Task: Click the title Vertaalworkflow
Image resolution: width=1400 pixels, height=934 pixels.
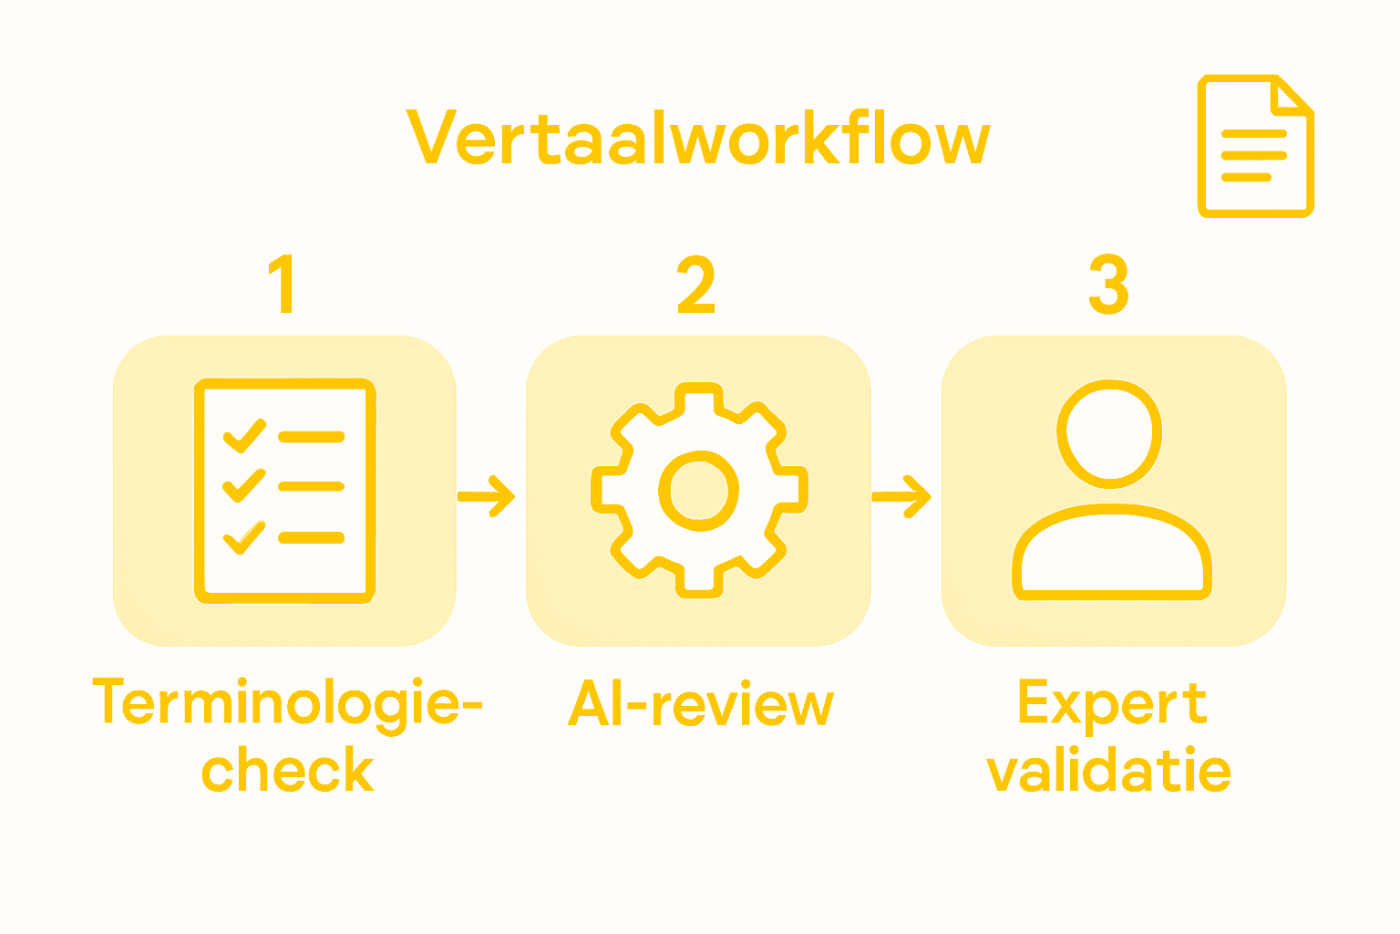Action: (698, 140)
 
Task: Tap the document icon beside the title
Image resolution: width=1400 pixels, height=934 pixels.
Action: (1255, 146)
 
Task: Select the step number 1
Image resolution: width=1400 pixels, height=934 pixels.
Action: (283, 284)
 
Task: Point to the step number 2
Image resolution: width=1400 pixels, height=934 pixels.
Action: (696, 284)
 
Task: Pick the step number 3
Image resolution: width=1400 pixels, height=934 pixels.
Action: (1109, 284)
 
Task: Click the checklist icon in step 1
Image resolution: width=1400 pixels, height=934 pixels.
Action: (284, 491)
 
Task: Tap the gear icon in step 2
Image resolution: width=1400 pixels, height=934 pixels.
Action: (699, 491)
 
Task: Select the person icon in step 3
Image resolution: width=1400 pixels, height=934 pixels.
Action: (1111, 491)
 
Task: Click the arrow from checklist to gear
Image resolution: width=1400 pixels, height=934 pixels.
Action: (487, 496)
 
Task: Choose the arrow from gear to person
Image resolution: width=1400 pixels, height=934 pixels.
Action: (901, 496)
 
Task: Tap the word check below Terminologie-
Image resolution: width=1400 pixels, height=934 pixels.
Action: (287, 771)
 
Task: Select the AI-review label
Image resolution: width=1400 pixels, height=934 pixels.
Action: (700, 704)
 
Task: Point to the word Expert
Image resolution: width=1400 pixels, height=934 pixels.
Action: (1112, 704)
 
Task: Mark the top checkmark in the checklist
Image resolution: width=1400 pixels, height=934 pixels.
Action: (244, 436)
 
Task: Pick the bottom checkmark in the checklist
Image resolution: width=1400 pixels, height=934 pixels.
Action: (244, 537)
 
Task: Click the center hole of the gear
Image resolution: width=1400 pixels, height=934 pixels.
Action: (699, 492)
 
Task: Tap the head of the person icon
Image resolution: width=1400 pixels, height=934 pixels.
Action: (1109, 432)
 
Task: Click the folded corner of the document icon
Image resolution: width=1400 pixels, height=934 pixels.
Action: (1292, 97)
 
